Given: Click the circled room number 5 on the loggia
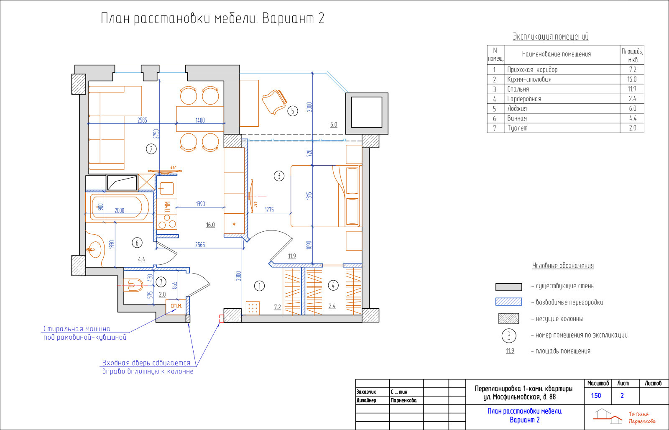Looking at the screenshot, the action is pos(292,111).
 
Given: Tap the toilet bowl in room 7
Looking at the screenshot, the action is pos(133,285).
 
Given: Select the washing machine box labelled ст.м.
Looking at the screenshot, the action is pos(176,307).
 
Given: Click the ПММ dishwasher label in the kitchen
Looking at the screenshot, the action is pos(167,206).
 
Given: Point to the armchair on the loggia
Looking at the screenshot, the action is pos(274,102).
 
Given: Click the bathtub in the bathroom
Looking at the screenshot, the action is pos(119,207).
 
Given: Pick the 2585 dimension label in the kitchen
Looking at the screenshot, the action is pos(142,120).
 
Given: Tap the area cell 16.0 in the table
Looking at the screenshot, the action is pos(632,79).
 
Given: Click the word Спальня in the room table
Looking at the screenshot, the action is pos(518,89).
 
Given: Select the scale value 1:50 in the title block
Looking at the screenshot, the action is pos(596,396).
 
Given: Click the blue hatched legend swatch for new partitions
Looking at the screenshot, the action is pos(508,302).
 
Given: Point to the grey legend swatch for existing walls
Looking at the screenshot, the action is pos(508,287).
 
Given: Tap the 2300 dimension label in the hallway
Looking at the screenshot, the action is pos(238,276).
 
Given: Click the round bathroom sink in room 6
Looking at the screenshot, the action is pos(95,249).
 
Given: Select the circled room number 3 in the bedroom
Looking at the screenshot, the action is pos(279,176).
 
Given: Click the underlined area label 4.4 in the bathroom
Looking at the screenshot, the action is pos(142,259).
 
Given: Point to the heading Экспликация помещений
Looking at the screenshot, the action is pos(551,36).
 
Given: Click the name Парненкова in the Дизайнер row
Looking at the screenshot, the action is pos(403,400).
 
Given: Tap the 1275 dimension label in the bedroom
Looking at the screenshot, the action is pos(269,210).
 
